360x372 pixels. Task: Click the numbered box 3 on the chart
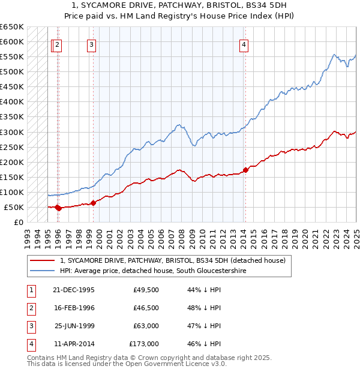[x=91, y=44]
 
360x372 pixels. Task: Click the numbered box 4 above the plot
[x=244, y=44]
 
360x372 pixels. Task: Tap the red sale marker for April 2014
[x=245, y=170]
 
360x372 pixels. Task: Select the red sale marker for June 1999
[x=94, y=203]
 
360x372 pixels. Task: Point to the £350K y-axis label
[x=12, y=117]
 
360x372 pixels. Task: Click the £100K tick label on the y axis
[x=12, y=192]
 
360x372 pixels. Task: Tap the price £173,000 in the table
[x=144, y=344]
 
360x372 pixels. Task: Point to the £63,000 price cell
[x=146, y=326]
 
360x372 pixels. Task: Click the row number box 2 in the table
[x=30, y=308]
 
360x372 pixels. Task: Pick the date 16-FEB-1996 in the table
[x=74, y=308]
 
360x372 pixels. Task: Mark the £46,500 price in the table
[x=146, y=308]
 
